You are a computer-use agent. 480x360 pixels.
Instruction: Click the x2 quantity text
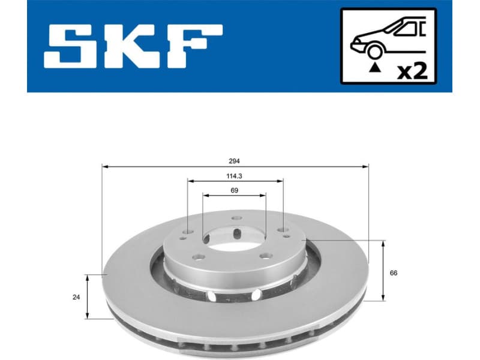[x=412, y=71]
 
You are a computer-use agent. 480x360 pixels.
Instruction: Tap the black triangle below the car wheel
[x=376, y=68]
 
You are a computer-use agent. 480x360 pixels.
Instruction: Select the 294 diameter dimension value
[x=234, y=160]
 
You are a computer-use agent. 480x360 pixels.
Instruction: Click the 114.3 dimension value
[x=234, y=176]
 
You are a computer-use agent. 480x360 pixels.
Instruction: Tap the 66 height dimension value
[x=394, y=273]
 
